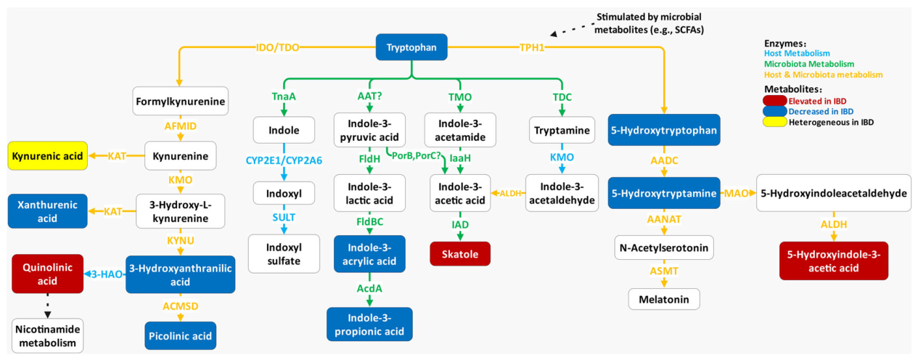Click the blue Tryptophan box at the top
411,47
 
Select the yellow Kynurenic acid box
48,156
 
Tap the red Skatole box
460,254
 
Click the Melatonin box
664,299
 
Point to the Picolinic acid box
180,336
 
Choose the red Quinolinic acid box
48,274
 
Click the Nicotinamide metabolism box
48,336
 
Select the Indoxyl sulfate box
284,254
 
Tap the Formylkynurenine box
180,102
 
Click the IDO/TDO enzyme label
277,48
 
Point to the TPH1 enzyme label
532,48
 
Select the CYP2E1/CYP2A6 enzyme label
284,160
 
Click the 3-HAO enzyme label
107,274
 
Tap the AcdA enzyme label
369,288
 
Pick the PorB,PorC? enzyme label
416,156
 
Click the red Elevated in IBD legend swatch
774,101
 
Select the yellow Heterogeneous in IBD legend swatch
774,122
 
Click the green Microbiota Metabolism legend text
809,64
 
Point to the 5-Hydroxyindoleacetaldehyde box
834,193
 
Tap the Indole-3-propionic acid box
369,324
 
